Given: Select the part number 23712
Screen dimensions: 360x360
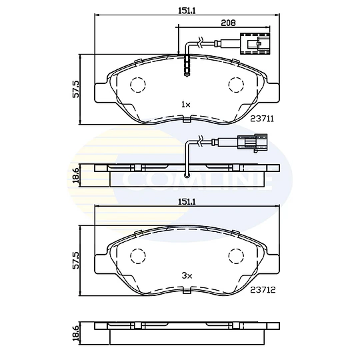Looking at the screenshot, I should point(263,289).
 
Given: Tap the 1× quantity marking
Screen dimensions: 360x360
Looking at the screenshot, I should point(185,105).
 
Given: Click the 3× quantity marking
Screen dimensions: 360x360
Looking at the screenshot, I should point(186,275).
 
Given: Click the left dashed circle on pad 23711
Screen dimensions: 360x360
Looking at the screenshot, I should point(137,85).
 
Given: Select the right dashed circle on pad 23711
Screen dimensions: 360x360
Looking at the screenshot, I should point(236,85).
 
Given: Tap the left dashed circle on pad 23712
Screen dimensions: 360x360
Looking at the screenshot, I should point(137,256).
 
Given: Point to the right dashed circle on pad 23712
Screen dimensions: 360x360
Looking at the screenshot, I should point(236,256).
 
